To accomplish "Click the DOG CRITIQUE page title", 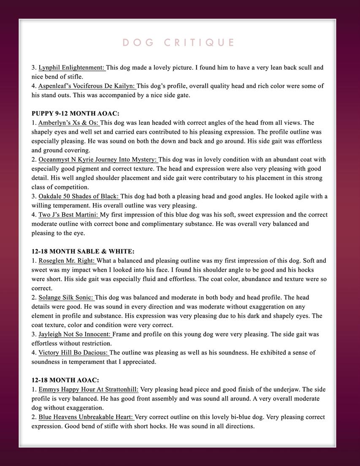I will [x=179, y=43].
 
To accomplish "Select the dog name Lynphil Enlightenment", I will [x=71, y=68].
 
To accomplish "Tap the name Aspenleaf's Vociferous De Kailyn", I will [x=87, y=86].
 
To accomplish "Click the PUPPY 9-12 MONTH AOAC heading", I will [x=76, y=114].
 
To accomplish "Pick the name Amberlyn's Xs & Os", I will [x=68, y=123].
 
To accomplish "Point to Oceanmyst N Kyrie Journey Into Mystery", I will [x=97, y=160].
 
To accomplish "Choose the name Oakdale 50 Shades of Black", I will [x=79, y=196].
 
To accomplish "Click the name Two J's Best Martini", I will [x=68, y=215].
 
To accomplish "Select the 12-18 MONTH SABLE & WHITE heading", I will [x=83, y=252].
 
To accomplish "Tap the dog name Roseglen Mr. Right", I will [x=67, y=261].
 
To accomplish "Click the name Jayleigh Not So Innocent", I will [x=75, y=334].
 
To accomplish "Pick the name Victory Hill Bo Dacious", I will [x=73, y=352].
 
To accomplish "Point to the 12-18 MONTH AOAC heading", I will [x=65, y=380].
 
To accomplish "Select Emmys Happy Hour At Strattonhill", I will [x=88, y=390].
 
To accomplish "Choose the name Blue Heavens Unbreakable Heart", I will [x=86, y=417].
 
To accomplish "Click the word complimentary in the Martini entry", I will [x=174, y=224].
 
